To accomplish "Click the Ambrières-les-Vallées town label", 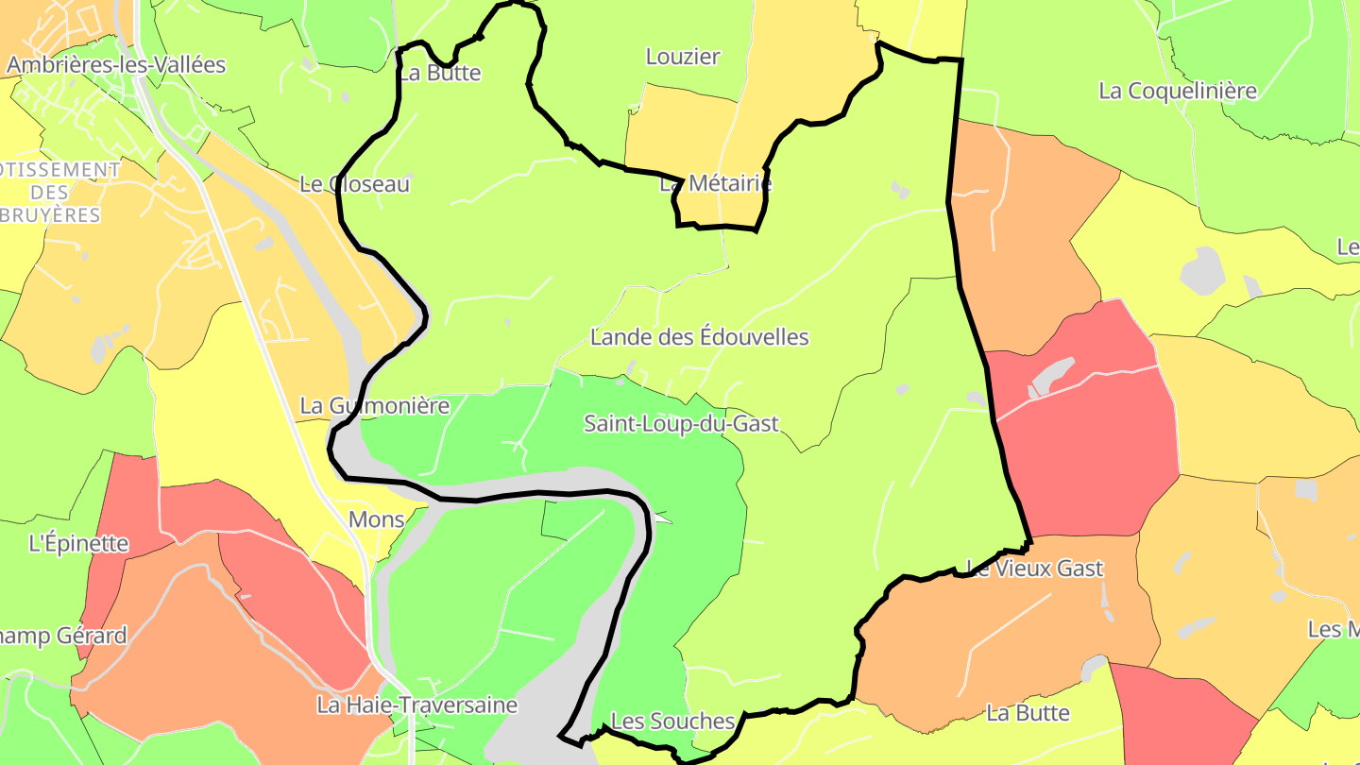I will [x=116, y=65].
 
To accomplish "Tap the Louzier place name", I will [x=683, y=57].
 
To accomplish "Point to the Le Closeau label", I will [x=354, y=184].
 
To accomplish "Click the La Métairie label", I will [x=716, y=183].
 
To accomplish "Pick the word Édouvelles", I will [x=754, y=337].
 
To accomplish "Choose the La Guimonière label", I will [x=374, y=406].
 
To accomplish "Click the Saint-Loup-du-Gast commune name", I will [x=681, y=423].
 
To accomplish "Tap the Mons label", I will [x=376, y=519].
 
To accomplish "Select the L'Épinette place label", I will [x=78, y=543].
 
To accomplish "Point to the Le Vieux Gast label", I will [x=1034, y=569].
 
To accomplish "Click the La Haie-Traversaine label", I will [x=416, y=705].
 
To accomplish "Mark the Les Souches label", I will [x=672, y=722].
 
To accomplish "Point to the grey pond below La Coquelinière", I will [x=1201, y=270].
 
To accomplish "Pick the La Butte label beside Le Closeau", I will [x=440, y=74].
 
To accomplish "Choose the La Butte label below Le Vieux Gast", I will [x=1028, y=713].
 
